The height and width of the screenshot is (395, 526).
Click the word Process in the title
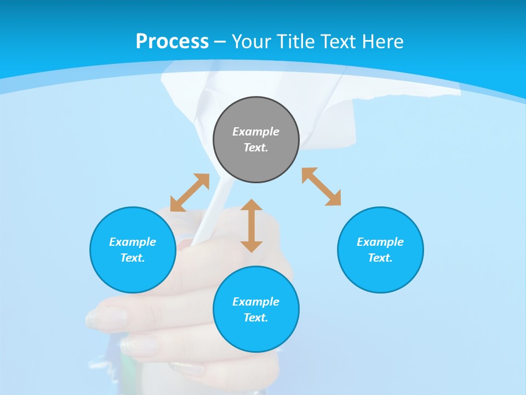point(172,42)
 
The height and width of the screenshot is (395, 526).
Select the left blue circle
point(133,274)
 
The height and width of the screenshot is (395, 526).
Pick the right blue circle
point(380,274)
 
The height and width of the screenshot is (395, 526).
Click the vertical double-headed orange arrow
point(251,225)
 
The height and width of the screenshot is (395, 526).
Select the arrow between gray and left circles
point(190,193)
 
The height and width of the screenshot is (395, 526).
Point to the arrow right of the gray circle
point(322,187)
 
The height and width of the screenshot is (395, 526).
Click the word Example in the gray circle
point(256,132)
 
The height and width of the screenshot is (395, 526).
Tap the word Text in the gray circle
point(256,148)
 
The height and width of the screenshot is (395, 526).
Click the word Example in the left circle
point(133,242)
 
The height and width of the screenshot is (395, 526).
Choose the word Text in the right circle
point(380,258)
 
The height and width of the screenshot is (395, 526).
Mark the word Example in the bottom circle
point(256,302)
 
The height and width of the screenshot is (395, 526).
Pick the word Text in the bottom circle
point(256,318)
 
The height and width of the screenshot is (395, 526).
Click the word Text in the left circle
point(133,258)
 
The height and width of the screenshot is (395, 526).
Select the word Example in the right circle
point(380,242)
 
